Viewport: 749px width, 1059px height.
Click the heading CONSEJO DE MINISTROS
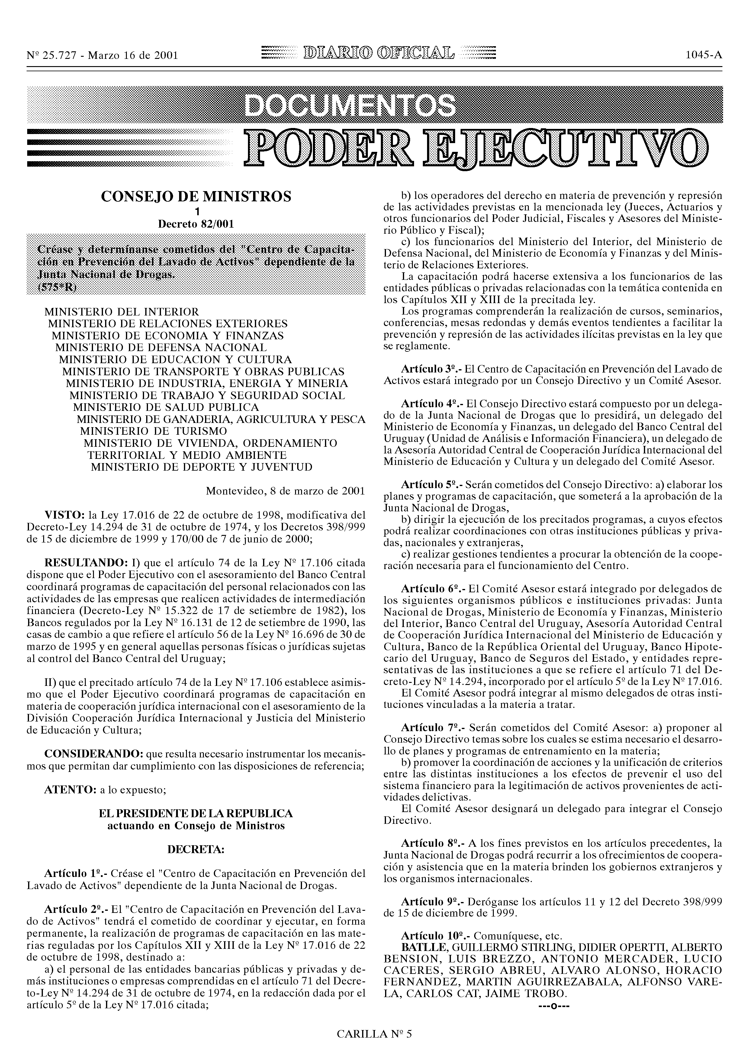pos(196,197)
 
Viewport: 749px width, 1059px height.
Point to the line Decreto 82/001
pos(196,224)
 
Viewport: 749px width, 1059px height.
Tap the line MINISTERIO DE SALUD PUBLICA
pos(166,407)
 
